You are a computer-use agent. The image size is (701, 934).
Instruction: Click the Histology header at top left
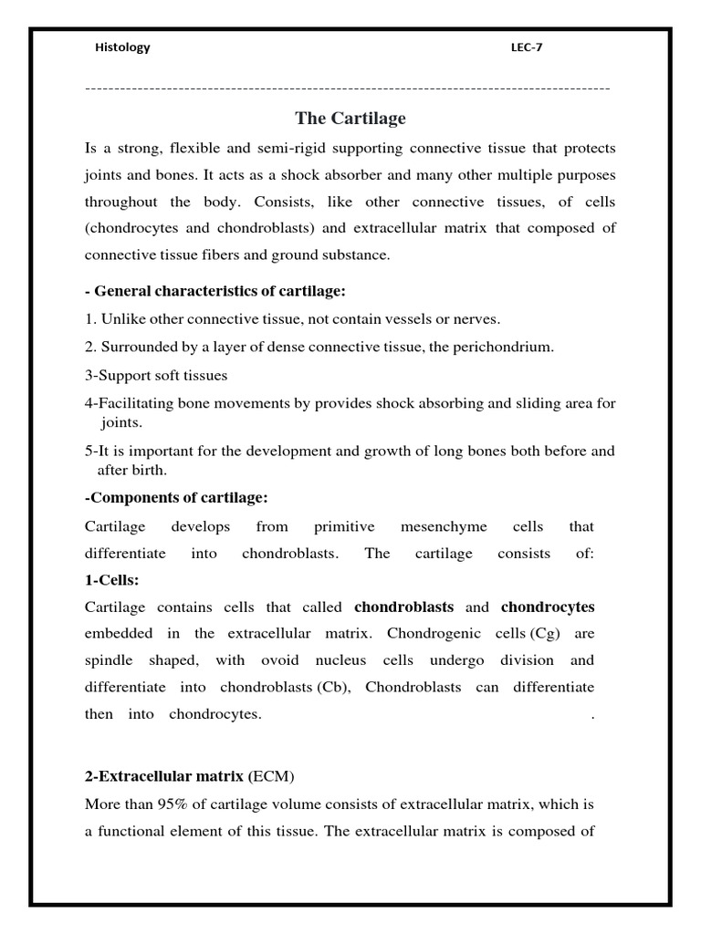(122, 48)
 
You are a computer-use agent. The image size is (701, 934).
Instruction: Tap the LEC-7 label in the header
(526, 48)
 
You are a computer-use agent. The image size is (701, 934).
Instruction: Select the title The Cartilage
(350, 119)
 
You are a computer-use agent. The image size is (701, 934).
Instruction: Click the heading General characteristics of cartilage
(215, 291)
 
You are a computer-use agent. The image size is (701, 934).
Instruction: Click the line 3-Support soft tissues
(156, 375)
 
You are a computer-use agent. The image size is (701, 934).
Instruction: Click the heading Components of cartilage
(177, 498)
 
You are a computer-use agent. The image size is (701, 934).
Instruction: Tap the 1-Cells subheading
(112, 580)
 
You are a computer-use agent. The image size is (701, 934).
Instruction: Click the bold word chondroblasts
(404, 607)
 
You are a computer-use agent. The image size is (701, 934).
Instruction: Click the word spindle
(109, 660)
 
